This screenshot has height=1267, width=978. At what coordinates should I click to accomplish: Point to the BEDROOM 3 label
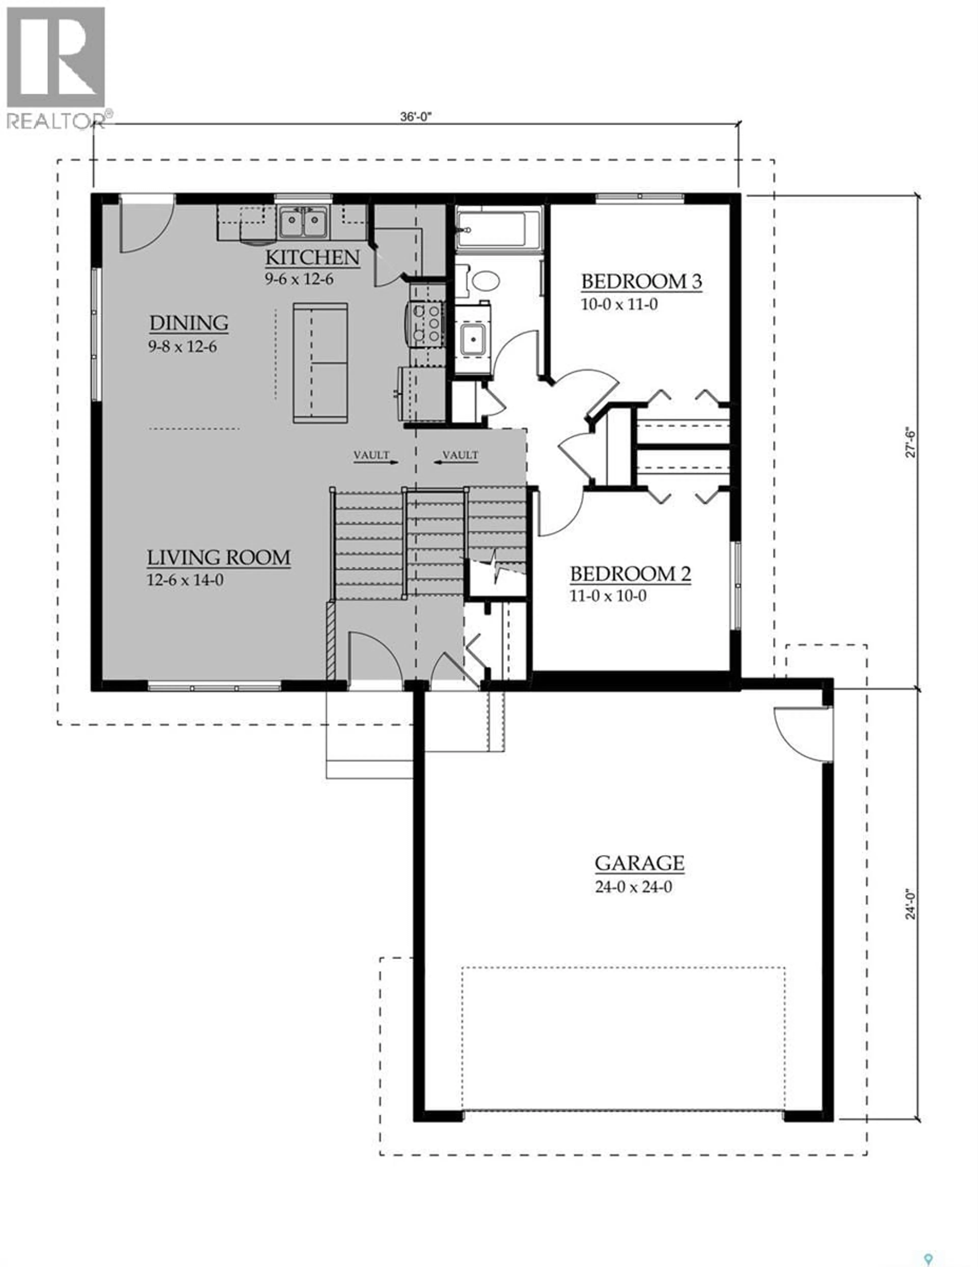pyautogui.click(x=641, y=282)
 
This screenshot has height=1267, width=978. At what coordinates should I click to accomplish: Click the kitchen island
pyautogui.click(x=320, y=363)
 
